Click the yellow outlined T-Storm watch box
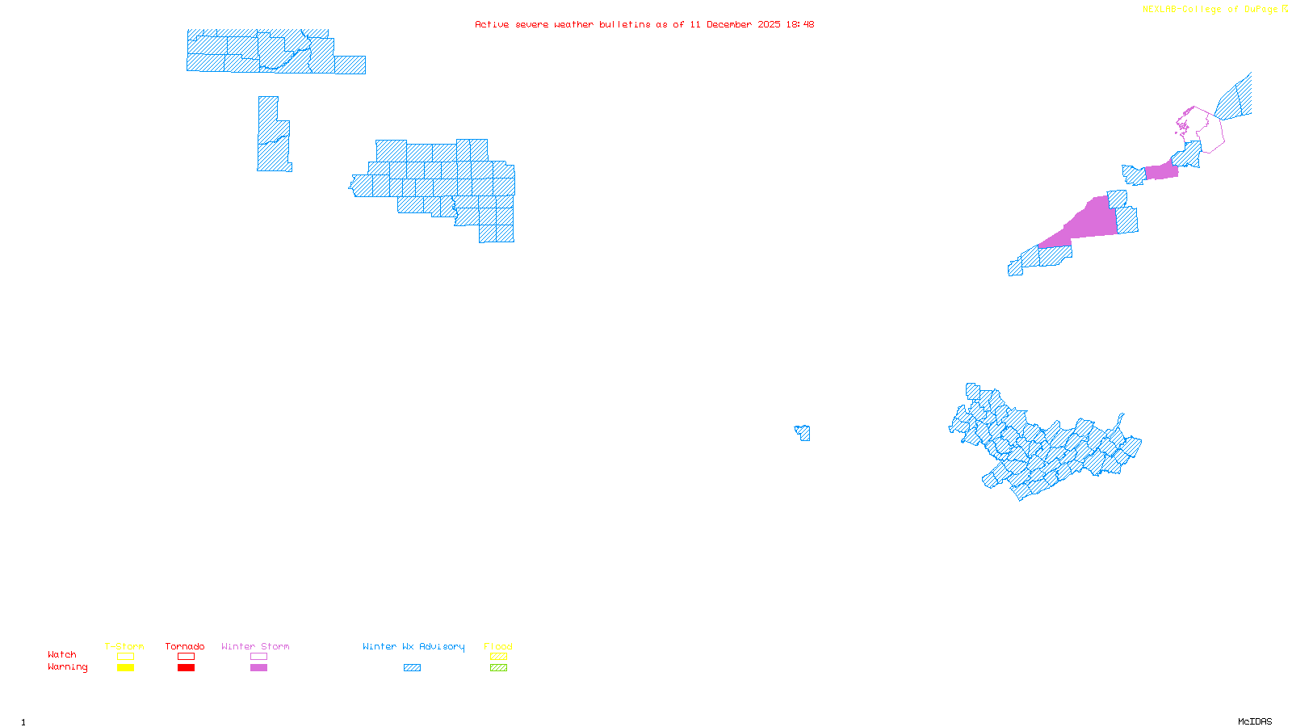coord(125,657)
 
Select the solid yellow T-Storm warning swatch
coord(125,668)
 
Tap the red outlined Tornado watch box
coord(186,657)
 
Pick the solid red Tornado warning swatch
coord(186,668)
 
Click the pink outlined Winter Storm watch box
coord(258,657)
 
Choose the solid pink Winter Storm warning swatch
coord(258,668)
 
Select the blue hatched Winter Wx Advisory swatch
coord(412,668)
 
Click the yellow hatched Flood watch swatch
coord(498,657)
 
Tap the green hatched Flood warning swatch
coord(498,668)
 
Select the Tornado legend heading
coord(185,646)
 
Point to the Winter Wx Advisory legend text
coord(413,646)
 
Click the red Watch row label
coord(62,654)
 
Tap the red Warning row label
coord(68,667)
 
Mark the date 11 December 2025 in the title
coord(735,24)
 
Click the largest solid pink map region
coord(1086,222)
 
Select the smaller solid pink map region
coord(1161,171)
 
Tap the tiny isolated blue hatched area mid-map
coord(803,433)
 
